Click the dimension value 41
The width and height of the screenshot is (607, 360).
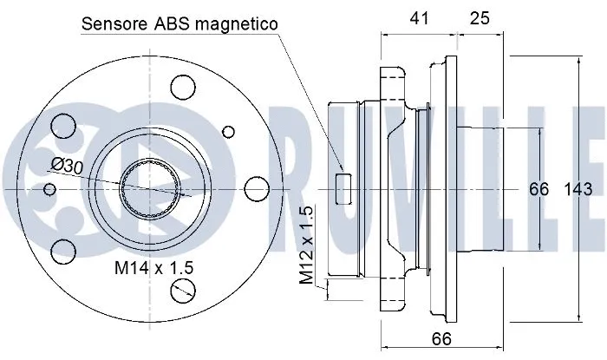point(420,17)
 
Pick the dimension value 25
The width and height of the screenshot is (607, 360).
point(480,17)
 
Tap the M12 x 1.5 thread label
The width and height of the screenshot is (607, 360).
point(306,246)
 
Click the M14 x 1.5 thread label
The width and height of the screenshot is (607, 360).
point(153,269)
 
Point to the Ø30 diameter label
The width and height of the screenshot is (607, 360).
point(67,165)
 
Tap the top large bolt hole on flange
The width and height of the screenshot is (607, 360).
point(184,86)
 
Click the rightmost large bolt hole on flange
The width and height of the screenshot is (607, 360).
point(254,190)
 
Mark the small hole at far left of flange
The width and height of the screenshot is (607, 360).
point(49,189)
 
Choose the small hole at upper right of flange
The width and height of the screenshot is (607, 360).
point(229,131)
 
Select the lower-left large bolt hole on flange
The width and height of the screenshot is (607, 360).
point(62,252)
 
